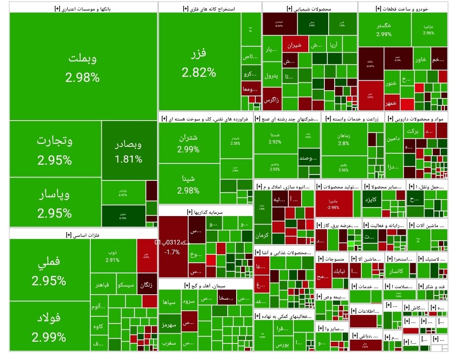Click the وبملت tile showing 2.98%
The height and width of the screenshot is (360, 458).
83,67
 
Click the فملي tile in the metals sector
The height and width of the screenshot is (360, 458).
49,270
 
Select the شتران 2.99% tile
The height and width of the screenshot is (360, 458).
189,143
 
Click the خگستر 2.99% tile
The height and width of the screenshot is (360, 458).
384,29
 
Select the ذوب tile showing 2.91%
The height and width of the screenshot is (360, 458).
113,255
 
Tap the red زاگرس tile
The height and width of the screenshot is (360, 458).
271,100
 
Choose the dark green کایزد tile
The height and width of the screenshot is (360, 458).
372,199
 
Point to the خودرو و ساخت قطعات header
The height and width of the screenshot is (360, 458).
402,8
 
